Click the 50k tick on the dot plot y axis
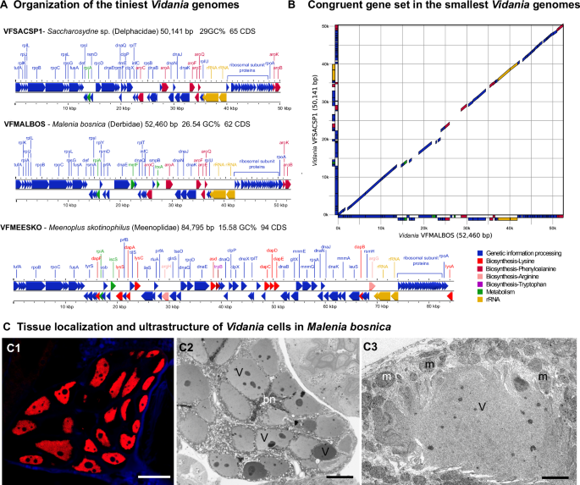click(328, 25)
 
